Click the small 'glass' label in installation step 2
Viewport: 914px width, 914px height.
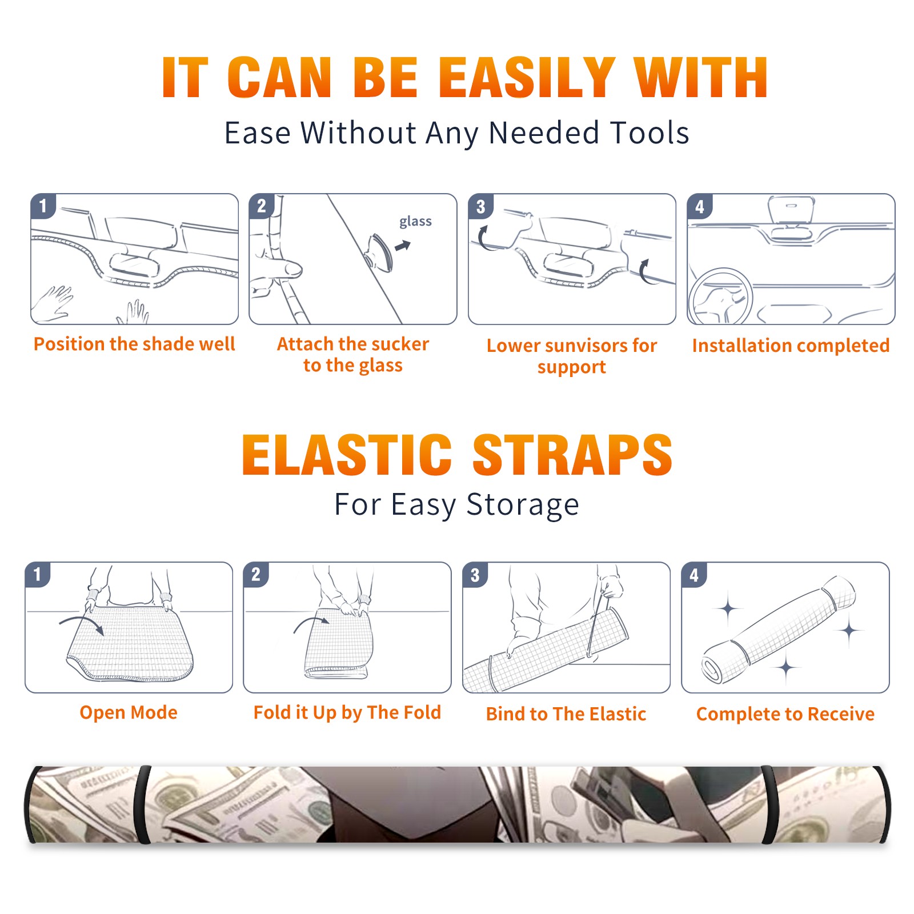415,222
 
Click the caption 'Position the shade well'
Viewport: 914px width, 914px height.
134,344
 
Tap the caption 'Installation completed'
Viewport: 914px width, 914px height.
791,345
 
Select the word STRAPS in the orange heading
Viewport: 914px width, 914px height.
572,455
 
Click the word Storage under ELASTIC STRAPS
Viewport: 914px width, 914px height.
523,505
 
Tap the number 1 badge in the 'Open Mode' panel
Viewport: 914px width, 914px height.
38,574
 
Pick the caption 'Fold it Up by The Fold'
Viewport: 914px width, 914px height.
347,712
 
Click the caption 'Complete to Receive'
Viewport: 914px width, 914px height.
785,713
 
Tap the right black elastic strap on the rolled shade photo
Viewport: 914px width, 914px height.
768,804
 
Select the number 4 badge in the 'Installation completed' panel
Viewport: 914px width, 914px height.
700,206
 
